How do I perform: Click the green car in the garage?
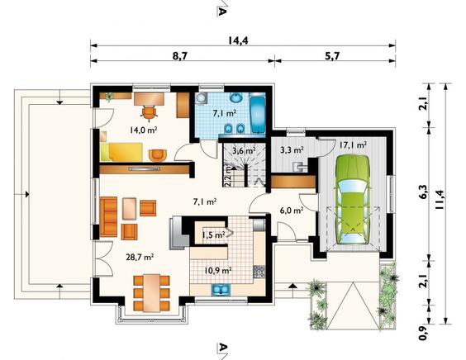(353, 199)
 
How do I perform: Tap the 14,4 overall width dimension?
(238, 40)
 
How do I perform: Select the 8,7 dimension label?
(180, 56)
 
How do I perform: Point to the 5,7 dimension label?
(332, 56)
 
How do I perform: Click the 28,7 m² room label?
(140, 257)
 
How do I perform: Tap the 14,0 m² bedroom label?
(143, 130)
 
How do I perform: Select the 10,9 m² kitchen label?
(218, 270)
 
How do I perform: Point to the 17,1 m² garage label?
(353, 145)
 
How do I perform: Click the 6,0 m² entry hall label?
(292, 211)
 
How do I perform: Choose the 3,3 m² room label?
(292, 150)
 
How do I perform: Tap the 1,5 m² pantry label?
(213, 235)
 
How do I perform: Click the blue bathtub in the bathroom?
(258, 113)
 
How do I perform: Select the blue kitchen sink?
(221, 289)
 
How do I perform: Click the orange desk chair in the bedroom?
(149, 113)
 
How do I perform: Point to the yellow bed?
(121, 152)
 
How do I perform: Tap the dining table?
(151, 293)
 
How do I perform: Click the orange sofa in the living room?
(108, 217)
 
